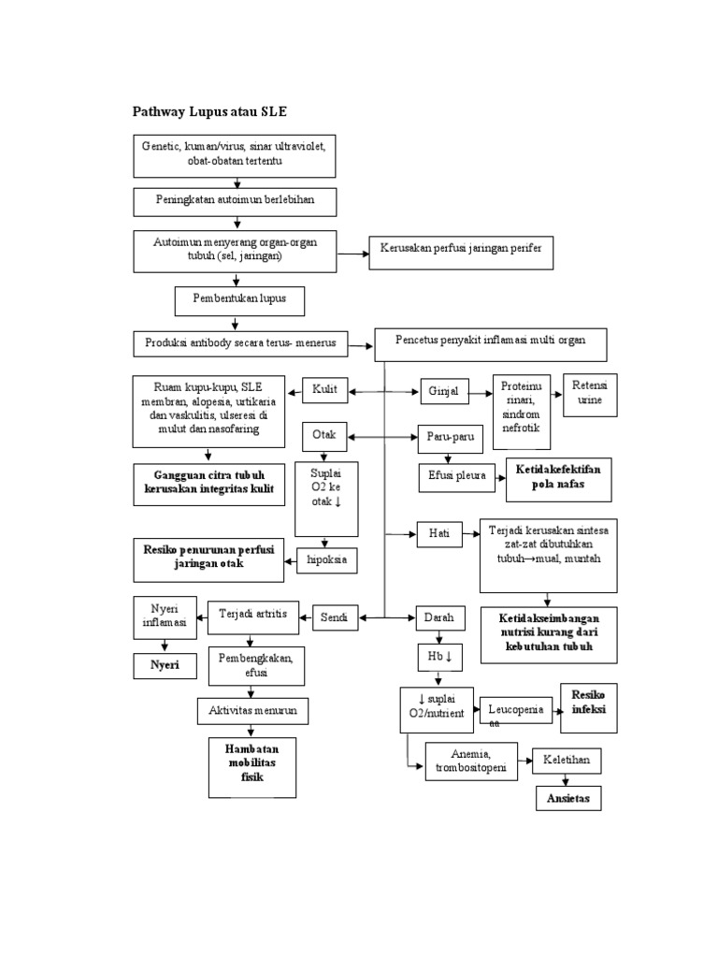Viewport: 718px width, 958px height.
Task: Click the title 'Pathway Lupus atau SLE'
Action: click(x=210, y=111)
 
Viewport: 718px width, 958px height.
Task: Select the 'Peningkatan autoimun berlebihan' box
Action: click(x=234, y=200)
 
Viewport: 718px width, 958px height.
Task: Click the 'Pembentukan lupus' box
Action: click(x=239, y=299)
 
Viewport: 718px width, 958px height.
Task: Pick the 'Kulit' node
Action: click(x=325, y=390)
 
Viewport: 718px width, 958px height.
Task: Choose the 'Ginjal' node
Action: click(x=445, y=391)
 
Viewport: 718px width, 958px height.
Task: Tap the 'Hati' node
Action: click(x=439, y=533)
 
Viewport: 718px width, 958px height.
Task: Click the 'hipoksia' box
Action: click(x=326, y=559)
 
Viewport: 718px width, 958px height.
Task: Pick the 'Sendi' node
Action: click(x=335, y=617)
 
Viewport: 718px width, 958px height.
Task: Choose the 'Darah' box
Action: click(x=439, y=617)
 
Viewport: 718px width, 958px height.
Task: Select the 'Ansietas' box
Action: click(x=567, y=799)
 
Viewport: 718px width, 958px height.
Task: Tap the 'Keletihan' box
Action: click(x=567, y=761)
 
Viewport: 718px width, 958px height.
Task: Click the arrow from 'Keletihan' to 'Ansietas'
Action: click(x=567, y=780)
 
